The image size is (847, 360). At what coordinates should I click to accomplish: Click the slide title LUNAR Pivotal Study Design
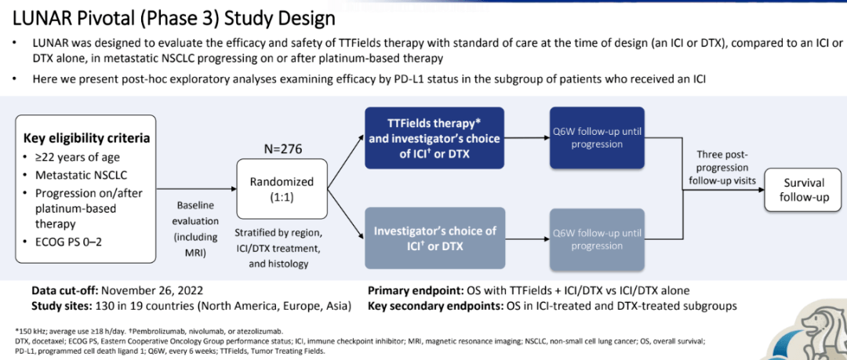tap(169, 16)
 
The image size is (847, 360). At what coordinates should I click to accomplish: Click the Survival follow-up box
tap(804, 190)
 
